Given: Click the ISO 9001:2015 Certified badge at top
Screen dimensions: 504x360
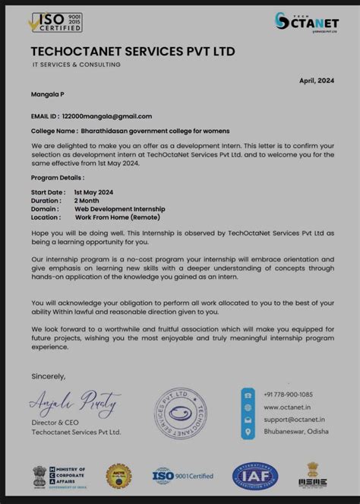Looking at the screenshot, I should pyautogui.click(x=56, y=22).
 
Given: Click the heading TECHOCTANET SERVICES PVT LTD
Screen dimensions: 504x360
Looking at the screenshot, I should pyautogui.click(x=133, y=51).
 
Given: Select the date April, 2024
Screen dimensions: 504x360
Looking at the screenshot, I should pyautogui.click(x=316, y=80).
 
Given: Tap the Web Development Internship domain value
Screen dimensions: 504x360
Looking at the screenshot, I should pyautogui.click(x=119, y=208).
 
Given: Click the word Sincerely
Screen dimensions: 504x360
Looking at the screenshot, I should pyautogui.click(x=49, y=376).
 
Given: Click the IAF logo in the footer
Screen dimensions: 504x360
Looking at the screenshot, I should pyautogui.click(x=254, y=476).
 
